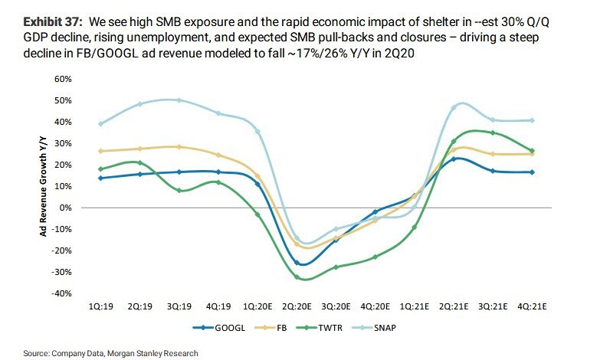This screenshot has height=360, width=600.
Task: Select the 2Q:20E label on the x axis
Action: coord(298,305)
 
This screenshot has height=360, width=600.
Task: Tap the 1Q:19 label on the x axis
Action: coord(100,305)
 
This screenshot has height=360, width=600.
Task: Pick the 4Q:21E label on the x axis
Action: coord(533,305)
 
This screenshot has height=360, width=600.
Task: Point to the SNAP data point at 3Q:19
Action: coord(179,100)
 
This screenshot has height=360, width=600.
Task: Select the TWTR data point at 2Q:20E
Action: coord(297,277)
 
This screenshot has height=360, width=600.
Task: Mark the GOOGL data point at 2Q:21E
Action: coord(454,159)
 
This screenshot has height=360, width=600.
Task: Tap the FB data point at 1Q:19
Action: coord(100,151)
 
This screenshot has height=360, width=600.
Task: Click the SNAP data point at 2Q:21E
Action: coord(454,107)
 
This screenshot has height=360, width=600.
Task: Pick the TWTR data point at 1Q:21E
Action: coord(415,227)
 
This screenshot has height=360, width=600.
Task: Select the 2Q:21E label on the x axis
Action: coord(454,305)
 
